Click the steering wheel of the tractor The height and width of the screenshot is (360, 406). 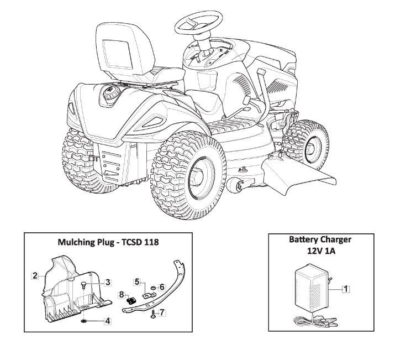[x=201, y=23]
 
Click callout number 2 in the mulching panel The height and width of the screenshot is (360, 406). [x=35, y=275]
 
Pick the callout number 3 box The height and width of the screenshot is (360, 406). [x=108, y=281]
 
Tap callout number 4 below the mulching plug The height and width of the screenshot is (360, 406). [x=108, y=321]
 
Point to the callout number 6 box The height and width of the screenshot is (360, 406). [x=162, y=286]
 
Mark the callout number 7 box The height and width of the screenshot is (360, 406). [x=162, y=313]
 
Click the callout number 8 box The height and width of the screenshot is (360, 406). [x=122, y=295]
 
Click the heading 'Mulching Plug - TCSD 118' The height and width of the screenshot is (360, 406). [x=108, y=242]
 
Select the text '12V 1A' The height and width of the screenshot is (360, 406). [x=320, y=250]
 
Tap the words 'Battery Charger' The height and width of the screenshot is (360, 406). [x=320, y=240]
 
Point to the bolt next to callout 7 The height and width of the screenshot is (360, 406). [x=151, y=314]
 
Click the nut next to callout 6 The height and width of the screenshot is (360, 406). [x=151, y=288]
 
